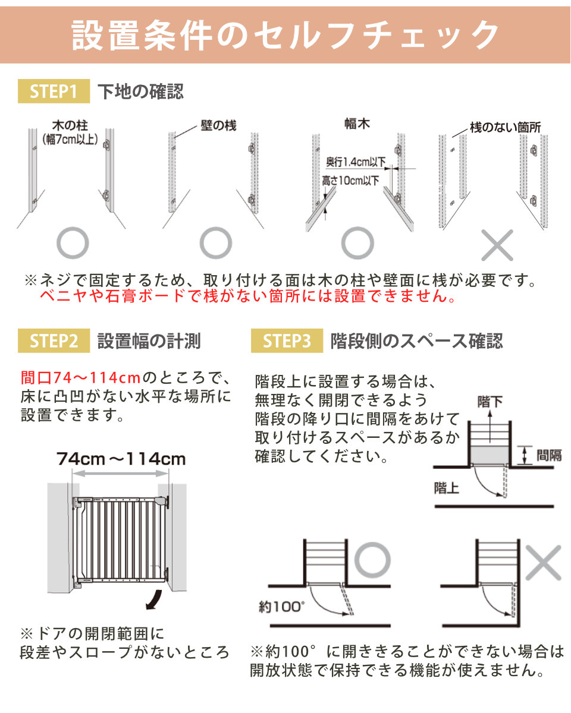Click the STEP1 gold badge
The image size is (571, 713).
(54, 91)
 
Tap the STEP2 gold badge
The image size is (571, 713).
(54, 340)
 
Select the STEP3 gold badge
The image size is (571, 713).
(287, 340)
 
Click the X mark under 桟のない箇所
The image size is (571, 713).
(497, 245)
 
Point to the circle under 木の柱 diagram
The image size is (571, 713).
(73, 229)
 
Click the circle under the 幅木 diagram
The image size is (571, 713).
(357, 228)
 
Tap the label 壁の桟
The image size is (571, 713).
(218, 126)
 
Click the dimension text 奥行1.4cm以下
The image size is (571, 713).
(356, 162)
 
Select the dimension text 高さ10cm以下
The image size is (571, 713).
(350, 181)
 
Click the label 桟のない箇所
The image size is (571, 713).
(506, 128)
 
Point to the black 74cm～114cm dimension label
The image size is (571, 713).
(121, 459)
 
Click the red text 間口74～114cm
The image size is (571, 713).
(81, 378)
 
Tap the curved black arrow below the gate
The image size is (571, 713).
(155, 600)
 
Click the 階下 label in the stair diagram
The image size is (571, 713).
(490, 402)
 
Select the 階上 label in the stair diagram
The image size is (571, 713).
(446, 488)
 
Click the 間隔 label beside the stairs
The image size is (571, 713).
(549, 455)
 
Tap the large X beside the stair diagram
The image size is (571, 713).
(543, 563)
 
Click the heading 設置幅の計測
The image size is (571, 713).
(149, 341)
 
